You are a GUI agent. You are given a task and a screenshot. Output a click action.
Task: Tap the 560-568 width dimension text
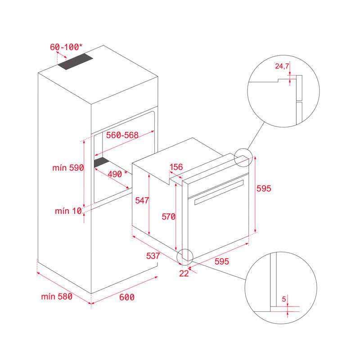tap(122, 135)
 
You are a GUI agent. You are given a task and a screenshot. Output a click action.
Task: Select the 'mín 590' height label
tap(68, 168)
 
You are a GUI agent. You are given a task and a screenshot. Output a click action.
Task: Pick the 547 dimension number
tap(142, 201)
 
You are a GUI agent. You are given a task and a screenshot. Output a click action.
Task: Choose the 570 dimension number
tap(168, 216)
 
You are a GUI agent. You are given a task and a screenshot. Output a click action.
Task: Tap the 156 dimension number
tap(176, 167)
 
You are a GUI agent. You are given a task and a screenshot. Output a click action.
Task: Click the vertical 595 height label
tap(263, 189)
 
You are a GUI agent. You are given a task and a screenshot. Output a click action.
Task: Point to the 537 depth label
tap(153, 256)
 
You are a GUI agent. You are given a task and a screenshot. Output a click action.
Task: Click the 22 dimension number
tap(184, 274)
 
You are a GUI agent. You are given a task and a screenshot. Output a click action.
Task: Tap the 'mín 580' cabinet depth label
tap(57, 297)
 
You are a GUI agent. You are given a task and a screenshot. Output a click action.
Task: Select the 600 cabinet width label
tap(127, 297)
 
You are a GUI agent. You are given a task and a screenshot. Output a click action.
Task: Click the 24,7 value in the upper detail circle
tap(282, 66)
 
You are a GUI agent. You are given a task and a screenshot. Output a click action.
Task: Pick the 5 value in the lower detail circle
tap(283, 298)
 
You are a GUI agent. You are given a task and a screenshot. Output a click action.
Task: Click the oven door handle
tap(218, 192)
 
